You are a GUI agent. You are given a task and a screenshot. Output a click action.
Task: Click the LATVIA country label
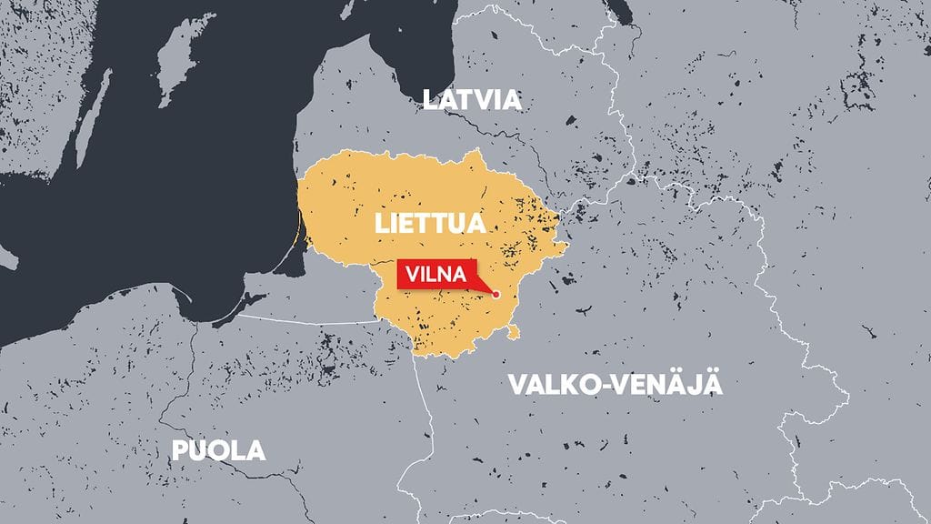[472, 99]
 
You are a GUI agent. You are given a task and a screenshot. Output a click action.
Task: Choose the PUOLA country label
[218, 449]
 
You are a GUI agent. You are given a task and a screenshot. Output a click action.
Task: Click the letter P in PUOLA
[179, 449]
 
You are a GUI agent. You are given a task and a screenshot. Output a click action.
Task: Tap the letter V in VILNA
[412, 274]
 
